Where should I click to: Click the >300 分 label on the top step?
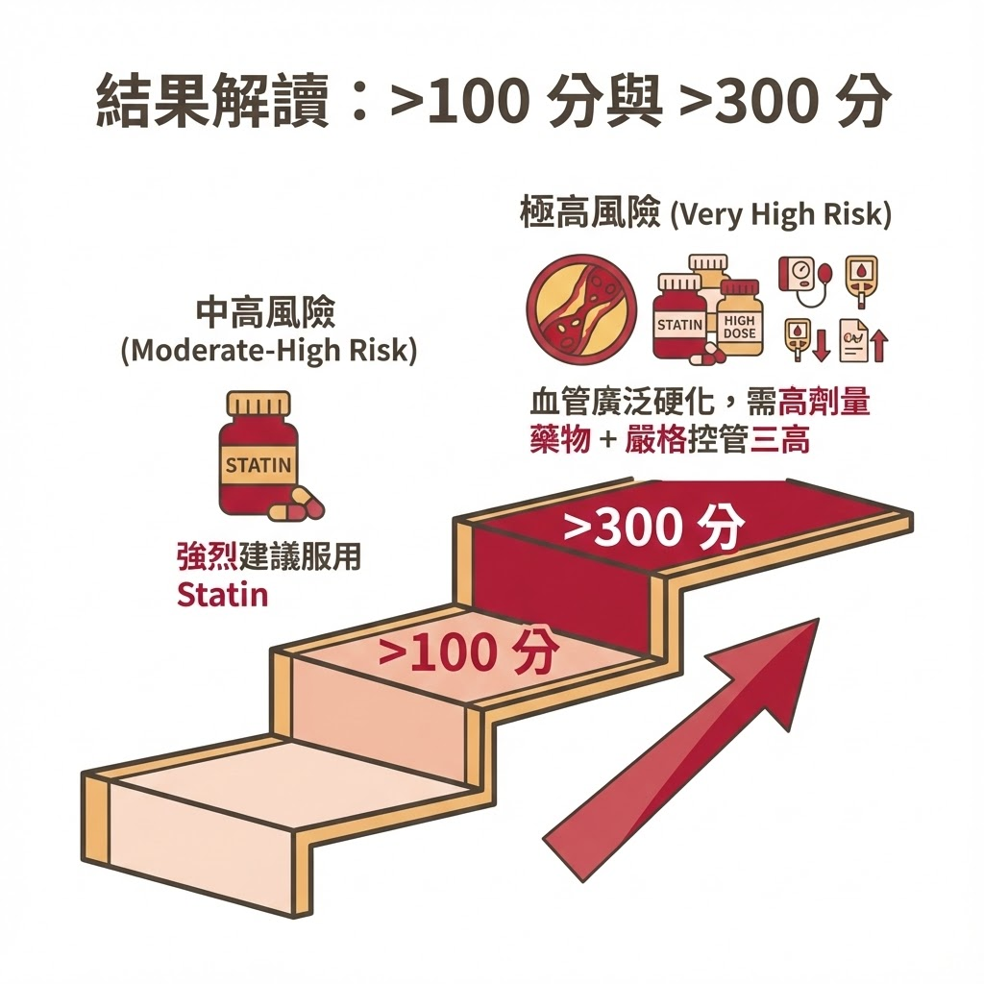(653, 526)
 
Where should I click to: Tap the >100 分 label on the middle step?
(468, 652)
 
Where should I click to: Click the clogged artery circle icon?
(581, 310)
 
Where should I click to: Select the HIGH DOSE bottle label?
(739, 327)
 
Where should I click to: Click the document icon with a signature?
(854, 340)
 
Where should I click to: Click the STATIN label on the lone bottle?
(258, 465)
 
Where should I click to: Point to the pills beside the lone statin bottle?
(296, 504)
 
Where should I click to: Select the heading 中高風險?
(266, 311)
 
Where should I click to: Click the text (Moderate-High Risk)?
(269, 351)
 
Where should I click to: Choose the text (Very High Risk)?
(780, 215)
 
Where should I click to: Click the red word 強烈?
(208, 556)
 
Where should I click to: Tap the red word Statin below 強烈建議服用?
(223, 595)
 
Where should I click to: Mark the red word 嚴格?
(655, 440)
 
